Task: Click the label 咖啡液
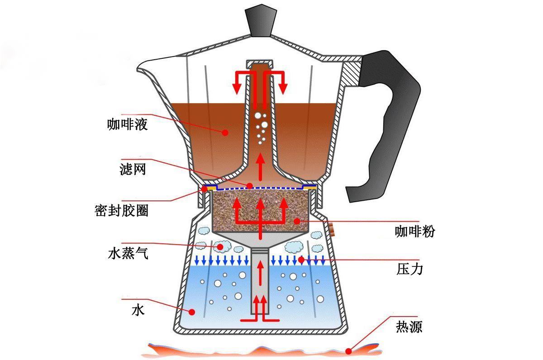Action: pos(127,124)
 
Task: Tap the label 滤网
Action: pos(133,169)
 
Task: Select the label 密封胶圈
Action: pos(121,210)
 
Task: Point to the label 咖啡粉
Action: pos(415,232)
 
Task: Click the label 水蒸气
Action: pos(128,253)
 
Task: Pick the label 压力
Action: pos(410,269)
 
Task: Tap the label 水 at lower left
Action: pos(138,310)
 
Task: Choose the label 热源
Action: pos(409,327)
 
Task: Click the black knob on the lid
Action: pos(261,22)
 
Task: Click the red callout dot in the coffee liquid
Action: pos(225,133)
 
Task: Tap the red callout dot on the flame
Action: pos(348,351)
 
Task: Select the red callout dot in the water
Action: pos(192,312)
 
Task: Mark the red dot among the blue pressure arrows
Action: pos(301,260)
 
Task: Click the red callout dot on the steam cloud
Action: pos(220,247)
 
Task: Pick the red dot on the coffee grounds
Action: pos(297,221)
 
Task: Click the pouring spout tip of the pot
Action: pos(138,69)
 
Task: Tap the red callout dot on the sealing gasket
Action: pos(205,189)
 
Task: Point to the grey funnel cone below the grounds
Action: pos(260,240)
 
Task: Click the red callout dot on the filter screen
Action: pos(250,186)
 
